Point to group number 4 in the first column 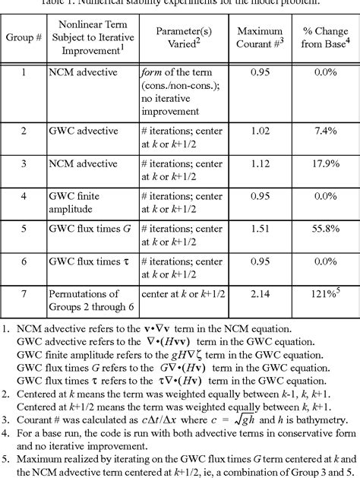(23, 195)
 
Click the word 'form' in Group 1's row (152, 72)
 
